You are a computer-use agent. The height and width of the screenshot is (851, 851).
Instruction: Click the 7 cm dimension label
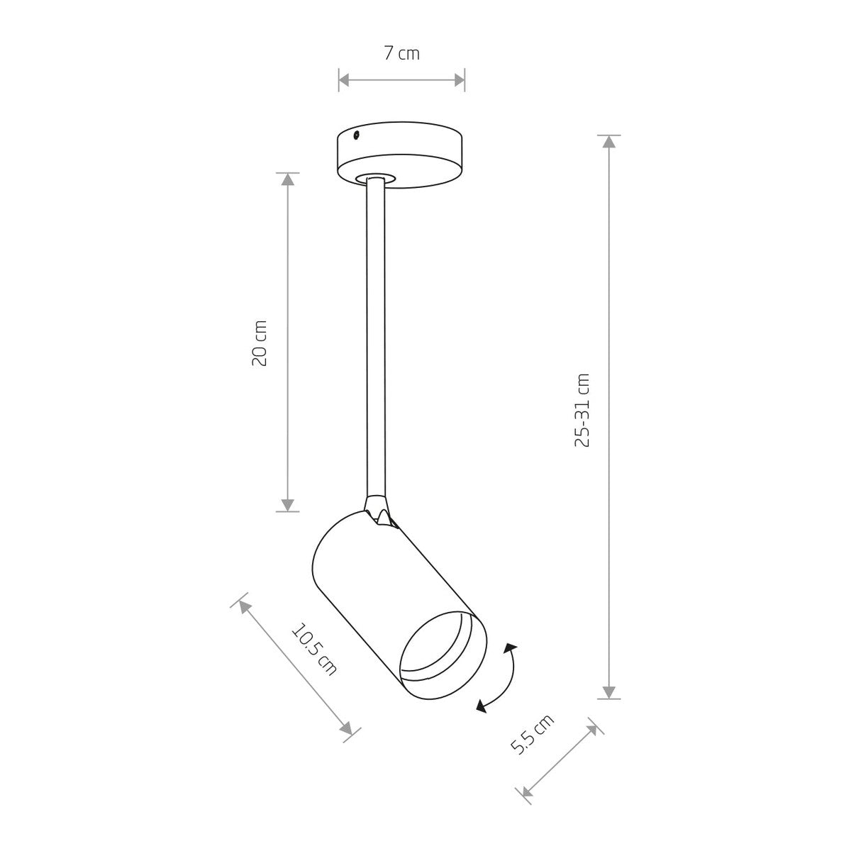coord(401,53)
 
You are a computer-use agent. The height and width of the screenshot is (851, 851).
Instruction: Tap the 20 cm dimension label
coord(260,343)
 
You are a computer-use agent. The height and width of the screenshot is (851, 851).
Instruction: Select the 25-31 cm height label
coord(582,411)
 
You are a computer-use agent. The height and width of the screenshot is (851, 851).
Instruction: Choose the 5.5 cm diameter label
coord(532,733)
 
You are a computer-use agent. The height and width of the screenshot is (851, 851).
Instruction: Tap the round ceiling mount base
coord(400,155)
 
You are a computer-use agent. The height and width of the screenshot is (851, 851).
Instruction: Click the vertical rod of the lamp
coord(376,340)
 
